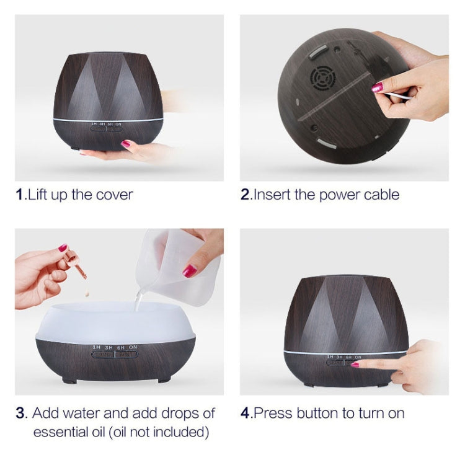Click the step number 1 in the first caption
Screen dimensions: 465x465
click(x=19, y=195)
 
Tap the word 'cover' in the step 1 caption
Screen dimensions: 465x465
click(x=114, y=195)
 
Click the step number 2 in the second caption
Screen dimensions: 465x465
click(x=245, y=195)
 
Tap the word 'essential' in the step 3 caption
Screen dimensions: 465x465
click(x=63, y=431)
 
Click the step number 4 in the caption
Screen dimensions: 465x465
click(x=245, y=413)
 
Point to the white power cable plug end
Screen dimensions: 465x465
click(x=402, y=96)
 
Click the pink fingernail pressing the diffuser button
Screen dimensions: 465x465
click(x=355, y=364)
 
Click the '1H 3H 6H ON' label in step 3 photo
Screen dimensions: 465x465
click(x=114, y=348)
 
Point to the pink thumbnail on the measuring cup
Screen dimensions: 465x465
click(x=190, y=270)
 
